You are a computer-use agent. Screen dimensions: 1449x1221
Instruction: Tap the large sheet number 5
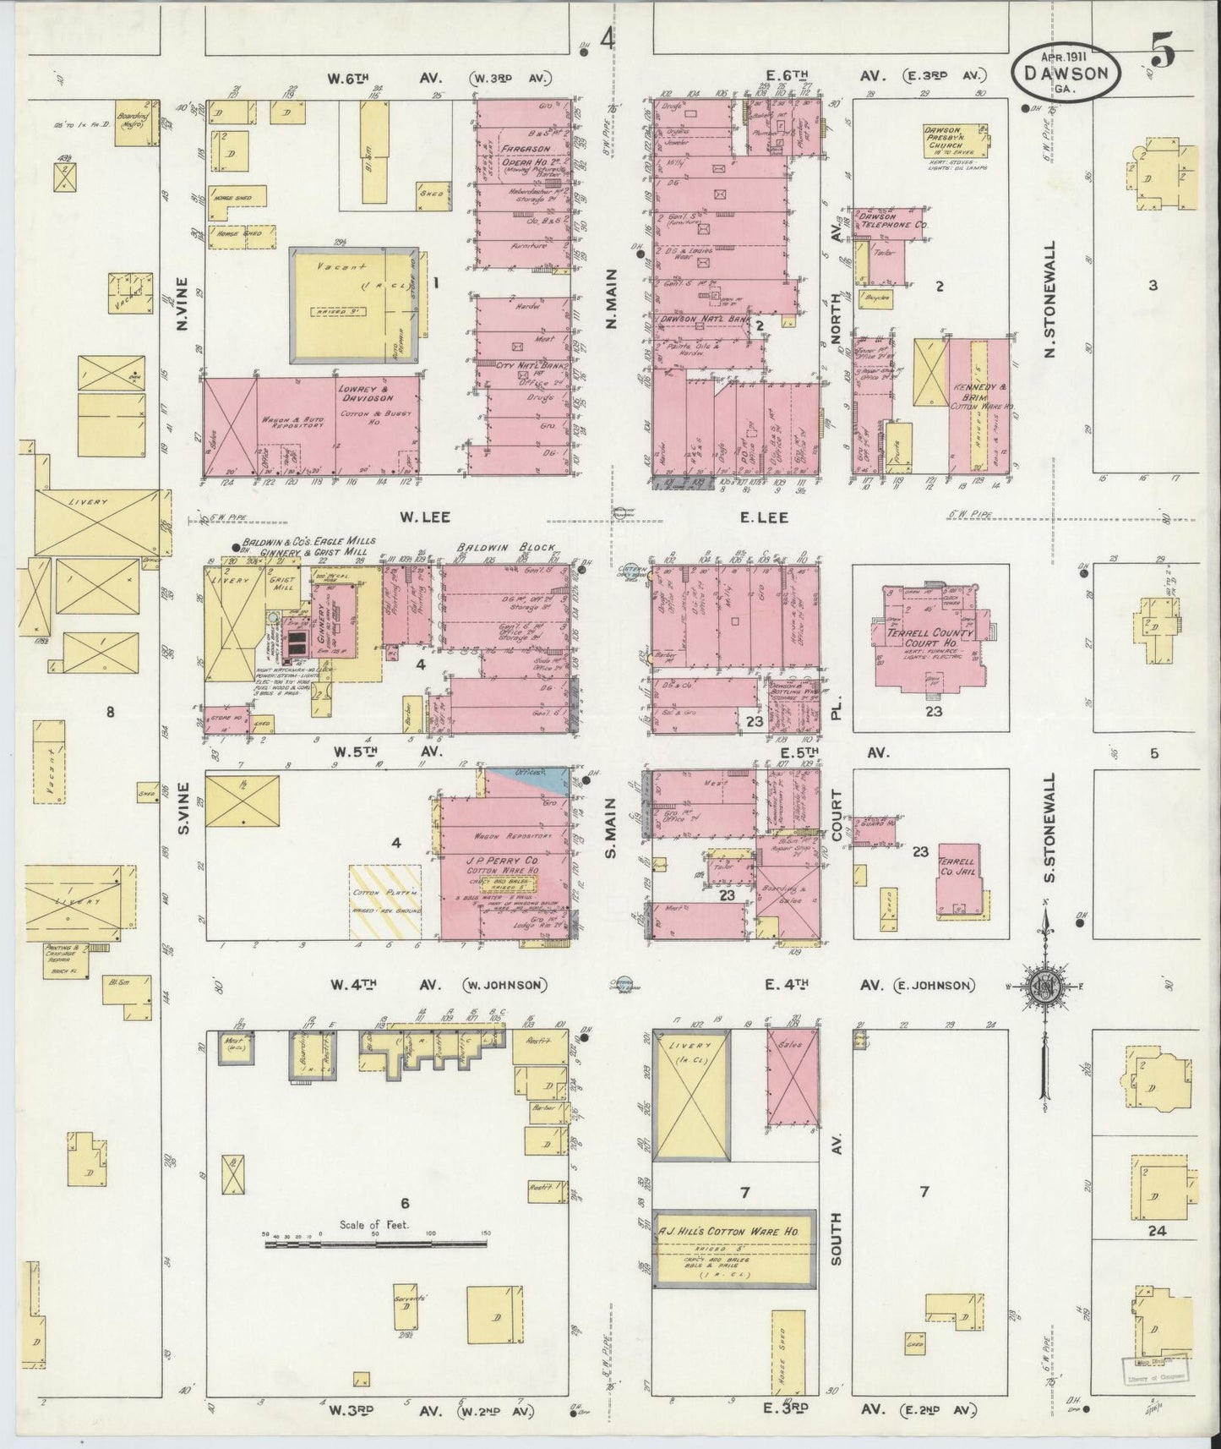click(x=1163, y=53)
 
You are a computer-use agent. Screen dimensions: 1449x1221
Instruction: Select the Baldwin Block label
click(x=489, y=547)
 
